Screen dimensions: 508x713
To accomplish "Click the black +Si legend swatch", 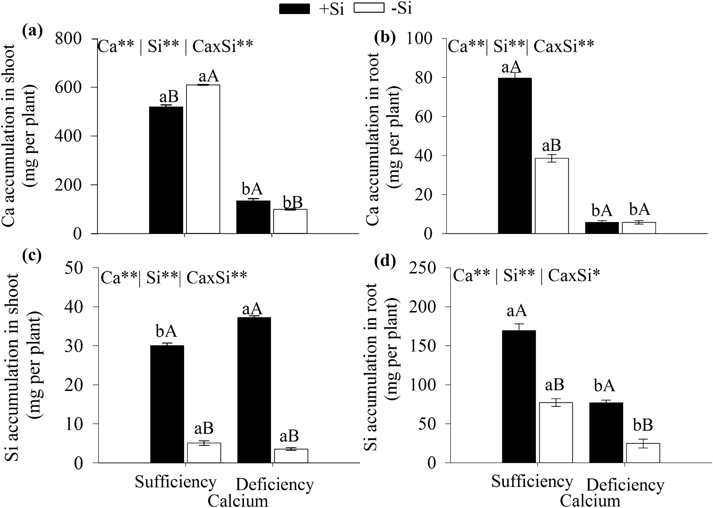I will pyautogui.click(x=294, y=9).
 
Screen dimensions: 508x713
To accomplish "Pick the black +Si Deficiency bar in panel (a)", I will pyautogui.click(x=253, y=217).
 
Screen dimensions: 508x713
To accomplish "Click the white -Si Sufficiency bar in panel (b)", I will pyautogui.click(x=551, y=195).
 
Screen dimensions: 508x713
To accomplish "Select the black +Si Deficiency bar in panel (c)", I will pyautogui.click(x=254, y=390).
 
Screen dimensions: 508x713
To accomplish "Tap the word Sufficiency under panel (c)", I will pyautogui.click(x=176, y=482).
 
